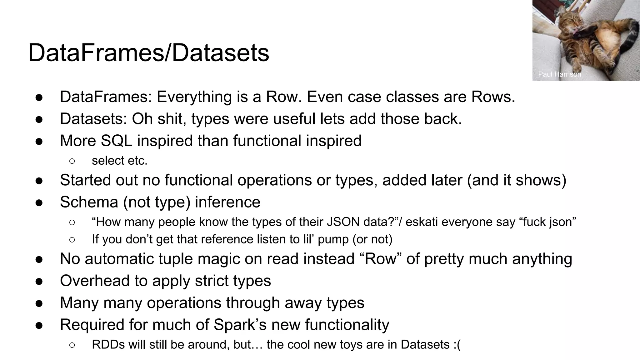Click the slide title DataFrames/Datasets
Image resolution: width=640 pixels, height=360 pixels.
point(148,53)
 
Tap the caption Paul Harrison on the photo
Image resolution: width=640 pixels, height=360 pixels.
point(559,74)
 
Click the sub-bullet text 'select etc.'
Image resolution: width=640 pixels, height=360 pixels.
point(119,161)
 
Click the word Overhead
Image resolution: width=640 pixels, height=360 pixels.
point(95,281)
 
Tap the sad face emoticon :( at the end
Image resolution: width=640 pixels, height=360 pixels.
point(457,344)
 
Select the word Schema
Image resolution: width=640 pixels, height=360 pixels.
point(89,202)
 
